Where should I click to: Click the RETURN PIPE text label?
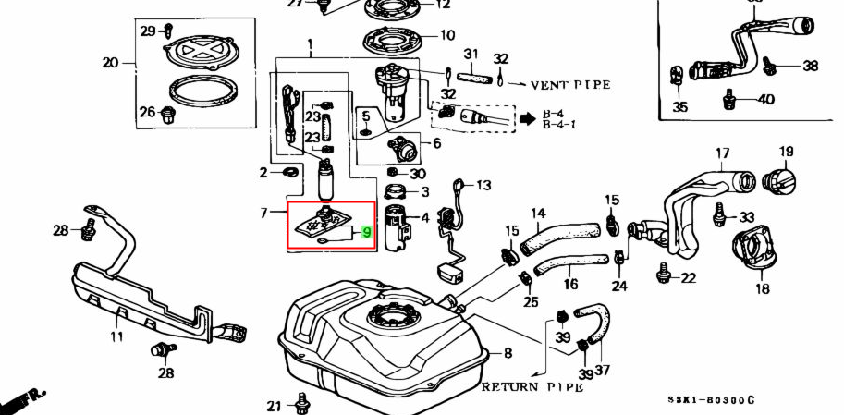(x=532, y=386)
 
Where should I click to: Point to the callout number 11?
(x=116, y=337)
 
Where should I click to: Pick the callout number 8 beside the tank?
(x=507, y=352)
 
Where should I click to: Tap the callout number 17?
(x=723, y=153)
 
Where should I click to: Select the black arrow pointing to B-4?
(x=528, y=118)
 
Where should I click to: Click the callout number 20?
(x=110, y=63)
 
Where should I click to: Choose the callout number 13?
(x=483, y=185)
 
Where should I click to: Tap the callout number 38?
(x=811, y=66)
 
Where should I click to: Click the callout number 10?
(x=447, y=36)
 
